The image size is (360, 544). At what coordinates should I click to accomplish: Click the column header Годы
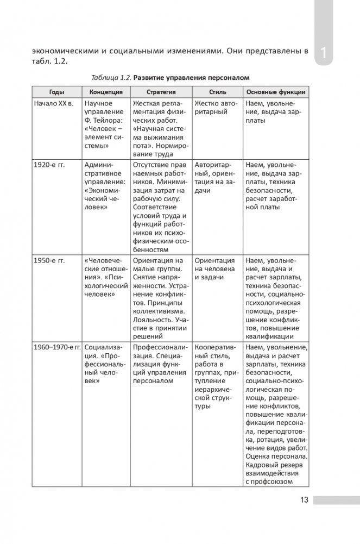[56, 92]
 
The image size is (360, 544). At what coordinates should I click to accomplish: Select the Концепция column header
[106, 92]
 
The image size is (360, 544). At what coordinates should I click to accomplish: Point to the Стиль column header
[214, 92]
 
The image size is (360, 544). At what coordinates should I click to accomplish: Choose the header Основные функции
[275, 92]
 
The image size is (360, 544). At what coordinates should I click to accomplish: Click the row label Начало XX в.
[54, 103]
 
